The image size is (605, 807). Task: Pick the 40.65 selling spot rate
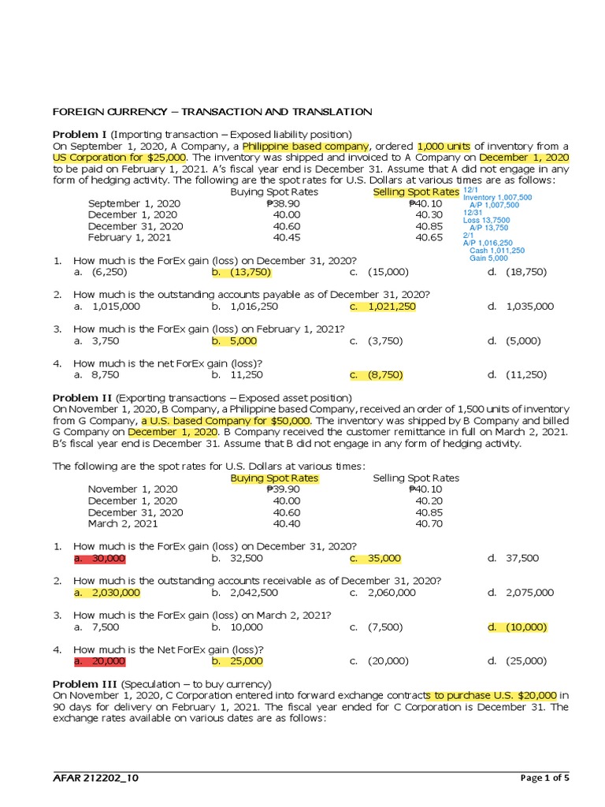pyautogui.click(x=428, y=236)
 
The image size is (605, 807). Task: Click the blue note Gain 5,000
pyautogui.click(x=488, y=258)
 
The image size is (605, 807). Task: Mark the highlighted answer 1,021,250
pyautogui.click(x=392, y=306)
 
